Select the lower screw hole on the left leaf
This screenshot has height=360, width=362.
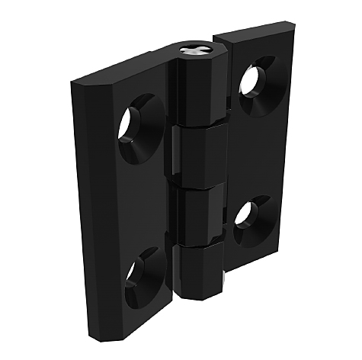pyautogui.click(x=138, y=272)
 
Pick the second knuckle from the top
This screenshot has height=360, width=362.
pyautogui.click(x=200, y=156)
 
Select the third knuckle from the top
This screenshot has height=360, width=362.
pyautogui.click(x=200, y=213)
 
